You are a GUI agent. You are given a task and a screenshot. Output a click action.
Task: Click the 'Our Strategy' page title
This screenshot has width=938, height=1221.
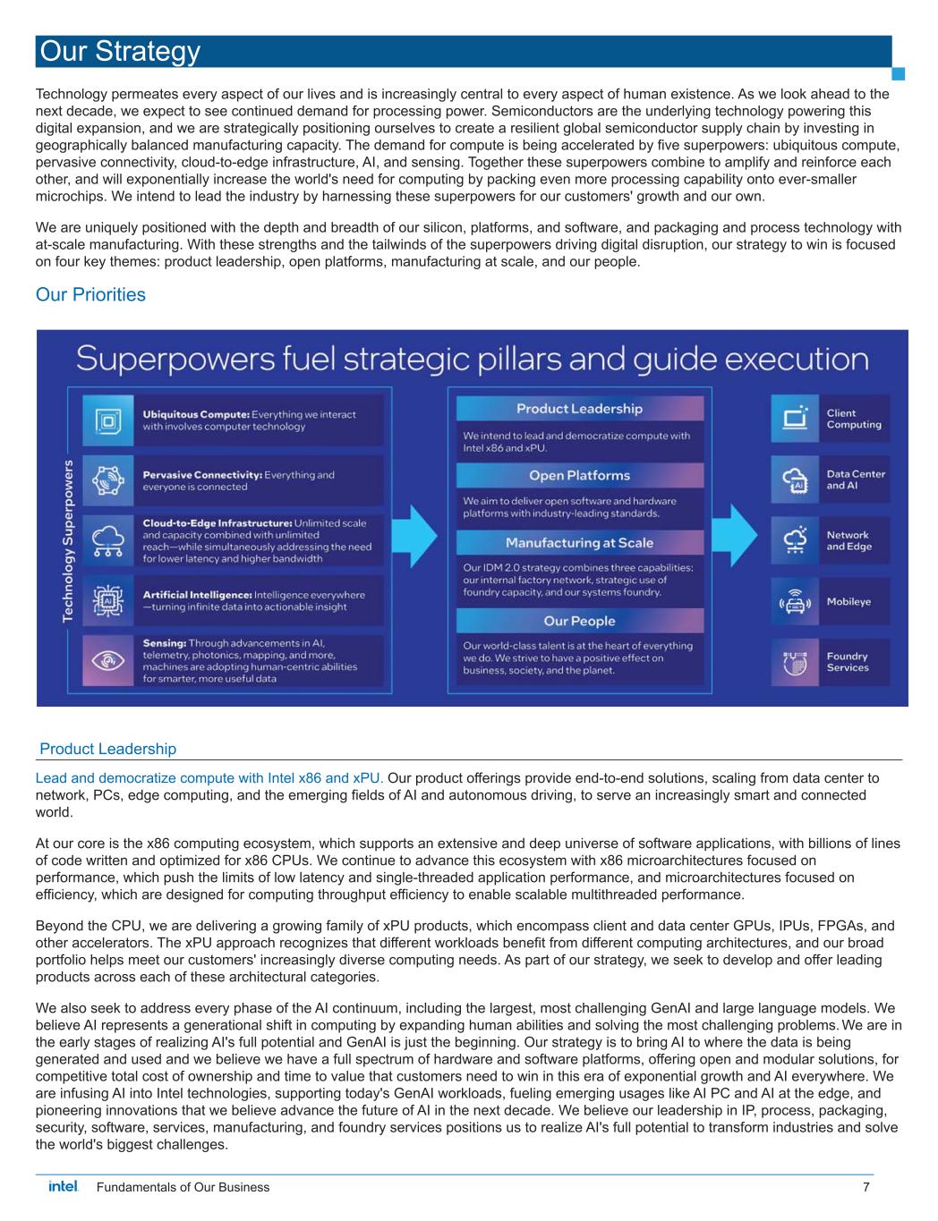tap(119, 52)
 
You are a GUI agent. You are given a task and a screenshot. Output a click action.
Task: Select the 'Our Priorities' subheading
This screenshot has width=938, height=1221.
tap(90, 294)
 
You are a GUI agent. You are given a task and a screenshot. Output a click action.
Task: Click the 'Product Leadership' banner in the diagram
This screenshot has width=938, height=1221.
tap(579, 409)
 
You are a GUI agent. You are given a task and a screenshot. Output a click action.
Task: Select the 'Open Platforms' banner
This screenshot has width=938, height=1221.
tap(579, 475)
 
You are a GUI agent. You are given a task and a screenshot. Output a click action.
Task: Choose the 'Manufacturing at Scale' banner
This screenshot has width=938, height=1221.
tap(579, 543)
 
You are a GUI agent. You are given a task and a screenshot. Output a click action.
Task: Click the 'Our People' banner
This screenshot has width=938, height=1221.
tap(579, 621)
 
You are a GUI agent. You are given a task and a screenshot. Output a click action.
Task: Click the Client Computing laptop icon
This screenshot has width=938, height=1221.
tap(795, 419)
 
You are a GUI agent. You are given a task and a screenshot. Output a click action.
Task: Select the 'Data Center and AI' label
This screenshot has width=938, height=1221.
tap(855, 479)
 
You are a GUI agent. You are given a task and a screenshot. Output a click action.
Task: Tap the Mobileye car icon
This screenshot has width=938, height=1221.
tap(795, 602)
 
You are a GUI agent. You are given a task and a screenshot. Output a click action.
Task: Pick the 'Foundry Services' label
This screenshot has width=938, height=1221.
tap(847, 662)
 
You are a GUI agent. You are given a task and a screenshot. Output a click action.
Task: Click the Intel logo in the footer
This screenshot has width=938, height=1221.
tap(63, 1187)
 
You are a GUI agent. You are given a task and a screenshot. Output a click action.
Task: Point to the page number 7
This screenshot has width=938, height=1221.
tap(866, 1188)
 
